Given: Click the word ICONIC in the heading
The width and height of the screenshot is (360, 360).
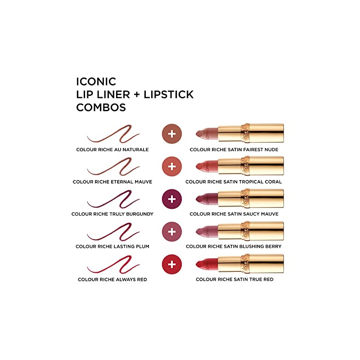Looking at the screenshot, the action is [96, 81].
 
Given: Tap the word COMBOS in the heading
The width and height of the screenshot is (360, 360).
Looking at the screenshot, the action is [101, 108].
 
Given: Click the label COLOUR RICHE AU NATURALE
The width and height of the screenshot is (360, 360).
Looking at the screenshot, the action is [112, 149].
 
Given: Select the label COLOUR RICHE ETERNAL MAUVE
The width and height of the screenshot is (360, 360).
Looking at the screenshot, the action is [112, 182].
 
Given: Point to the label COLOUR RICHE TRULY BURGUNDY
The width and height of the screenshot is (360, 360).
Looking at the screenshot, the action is [112, 214].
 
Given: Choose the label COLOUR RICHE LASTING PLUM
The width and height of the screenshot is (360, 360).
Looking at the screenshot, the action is [112, 247].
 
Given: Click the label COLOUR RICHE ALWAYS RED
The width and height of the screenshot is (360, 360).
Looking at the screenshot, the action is [112, 279].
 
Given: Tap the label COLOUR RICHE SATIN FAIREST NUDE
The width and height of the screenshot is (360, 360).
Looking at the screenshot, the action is [234, 149].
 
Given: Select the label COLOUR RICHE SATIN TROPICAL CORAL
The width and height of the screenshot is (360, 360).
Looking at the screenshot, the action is [234, 182].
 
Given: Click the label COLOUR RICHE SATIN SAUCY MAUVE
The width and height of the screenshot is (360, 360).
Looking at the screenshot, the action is [234, 214].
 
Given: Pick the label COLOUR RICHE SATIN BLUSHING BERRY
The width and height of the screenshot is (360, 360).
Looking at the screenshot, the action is [234, 247].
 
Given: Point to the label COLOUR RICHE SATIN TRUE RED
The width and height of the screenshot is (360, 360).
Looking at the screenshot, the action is [234, 279].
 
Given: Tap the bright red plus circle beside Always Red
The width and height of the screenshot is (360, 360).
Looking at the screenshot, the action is [171, 264].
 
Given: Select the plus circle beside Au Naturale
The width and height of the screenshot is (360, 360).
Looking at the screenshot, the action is [171, 133].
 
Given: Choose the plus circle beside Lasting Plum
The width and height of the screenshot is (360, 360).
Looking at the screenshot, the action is [171, 231].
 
